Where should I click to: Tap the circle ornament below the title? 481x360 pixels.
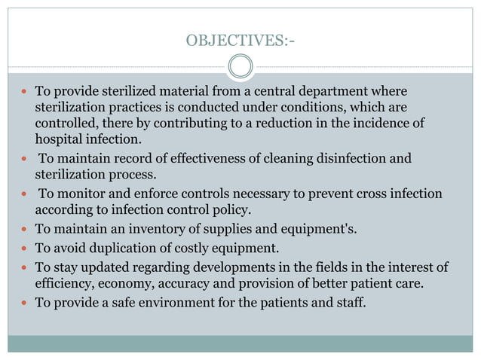click(240, 67)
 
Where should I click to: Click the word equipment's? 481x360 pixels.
click(309, 229)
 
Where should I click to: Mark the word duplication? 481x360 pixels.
click(118, 249)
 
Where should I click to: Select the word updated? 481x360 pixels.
click(106, 267)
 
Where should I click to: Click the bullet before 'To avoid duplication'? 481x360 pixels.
click(23, 249)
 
